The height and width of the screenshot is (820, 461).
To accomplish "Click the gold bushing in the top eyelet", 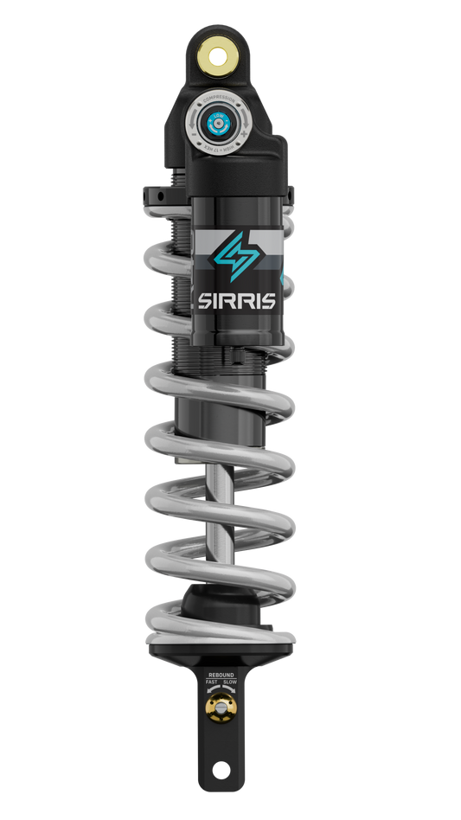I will tap(219, 54).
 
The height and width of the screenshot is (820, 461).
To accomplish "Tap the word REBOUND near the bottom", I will tap(220, 672).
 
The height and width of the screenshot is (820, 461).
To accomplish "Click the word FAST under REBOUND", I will tap(211, 682).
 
